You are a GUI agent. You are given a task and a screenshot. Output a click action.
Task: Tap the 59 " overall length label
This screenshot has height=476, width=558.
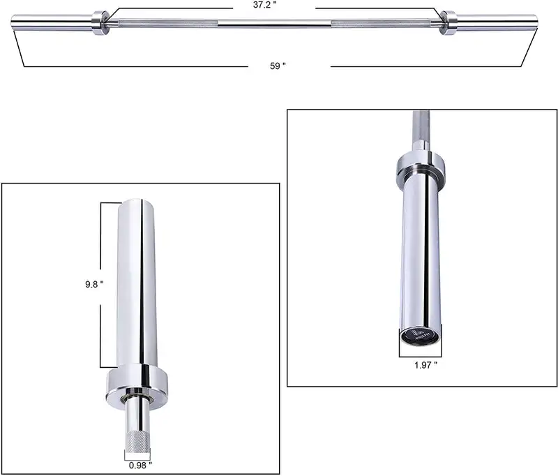(278, 66)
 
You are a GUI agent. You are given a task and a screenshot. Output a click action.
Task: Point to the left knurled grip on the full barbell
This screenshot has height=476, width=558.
(167, 24)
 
